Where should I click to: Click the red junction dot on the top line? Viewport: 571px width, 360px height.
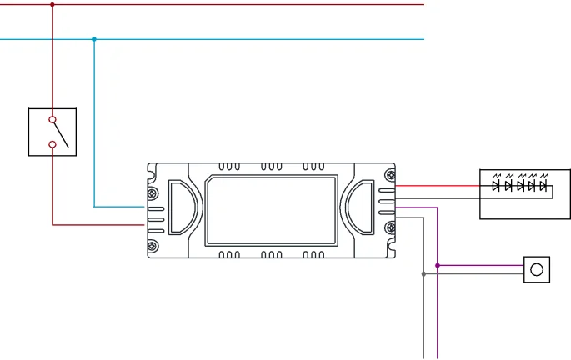53,5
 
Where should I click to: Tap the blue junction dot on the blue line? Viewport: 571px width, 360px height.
94,39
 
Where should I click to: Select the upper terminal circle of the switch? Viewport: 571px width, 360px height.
53,120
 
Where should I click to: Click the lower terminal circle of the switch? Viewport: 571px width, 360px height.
53,145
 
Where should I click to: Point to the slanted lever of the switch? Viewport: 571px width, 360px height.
60,135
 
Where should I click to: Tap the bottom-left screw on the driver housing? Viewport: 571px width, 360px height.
153,245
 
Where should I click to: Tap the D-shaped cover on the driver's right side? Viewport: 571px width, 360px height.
360,209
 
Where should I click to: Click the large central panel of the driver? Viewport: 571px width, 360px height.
271,209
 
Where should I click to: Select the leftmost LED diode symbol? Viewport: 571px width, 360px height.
496,186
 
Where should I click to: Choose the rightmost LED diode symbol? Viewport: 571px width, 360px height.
543,186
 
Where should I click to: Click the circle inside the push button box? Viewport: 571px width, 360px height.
537,269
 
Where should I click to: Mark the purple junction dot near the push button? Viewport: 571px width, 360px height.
438,266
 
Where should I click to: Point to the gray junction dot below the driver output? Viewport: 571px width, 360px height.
423,273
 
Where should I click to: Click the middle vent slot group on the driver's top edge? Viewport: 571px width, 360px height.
271,167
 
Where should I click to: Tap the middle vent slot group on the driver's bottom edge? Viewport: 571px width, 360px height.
271,253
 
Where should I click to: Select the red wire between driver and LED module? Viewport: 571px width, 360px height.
438,186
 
